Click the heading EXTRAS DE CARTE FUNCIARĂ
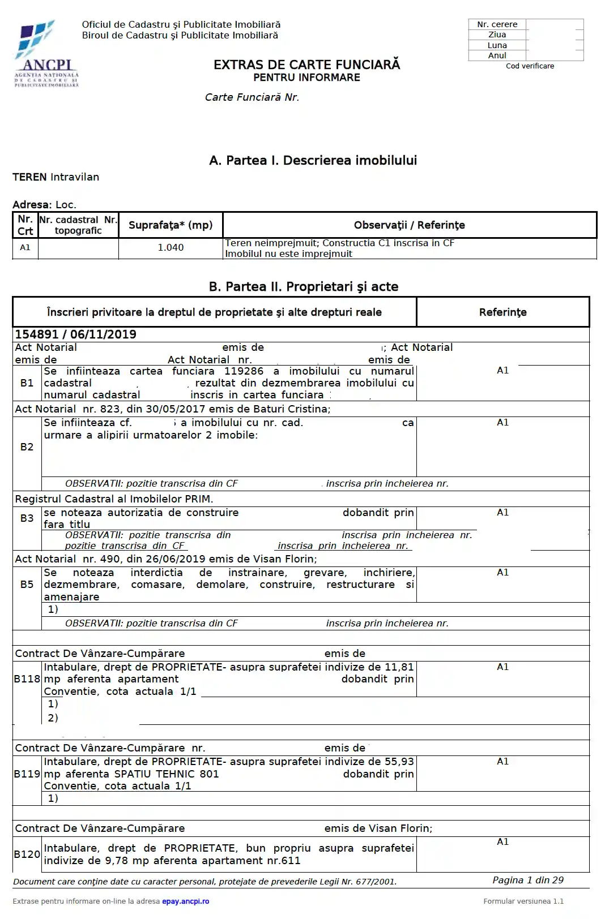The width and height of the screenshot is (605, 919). (306, 65)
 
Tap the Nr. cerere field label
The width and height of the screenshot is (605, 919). (497, 24)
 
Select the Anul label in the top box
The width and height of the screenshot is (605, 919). (497, 55)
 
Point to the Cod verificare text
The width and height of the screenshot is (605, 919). (530, 66)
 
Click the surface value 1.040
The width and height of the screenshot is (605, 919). (171, 247)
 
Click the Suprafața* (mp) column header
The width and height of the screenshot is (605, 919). (171, 225)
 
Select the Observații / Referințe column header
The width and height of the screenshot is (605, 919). (409, 225)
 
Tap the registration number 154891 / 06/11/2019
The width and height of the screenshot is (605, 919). (75, 334)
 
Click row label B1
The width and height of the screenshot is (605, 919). (27, 383)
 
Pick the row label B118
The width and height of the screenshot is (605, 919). (27, 679)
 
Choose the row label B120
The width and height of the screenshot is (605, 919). (27, 854)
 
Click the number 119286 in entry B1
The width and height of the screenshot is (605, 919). (244, 371)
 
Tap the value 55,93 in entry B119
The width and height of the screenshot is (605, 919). (399, 762)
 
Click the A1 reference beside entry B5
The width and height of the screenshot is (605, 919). (502, 573)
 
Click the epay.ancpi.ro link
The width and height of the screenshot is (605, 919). (185, 901)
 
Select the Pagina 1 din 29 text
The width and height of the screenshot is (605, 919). (527, 881)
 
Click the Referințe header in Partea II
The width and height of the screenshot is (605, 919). (502, 312)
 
